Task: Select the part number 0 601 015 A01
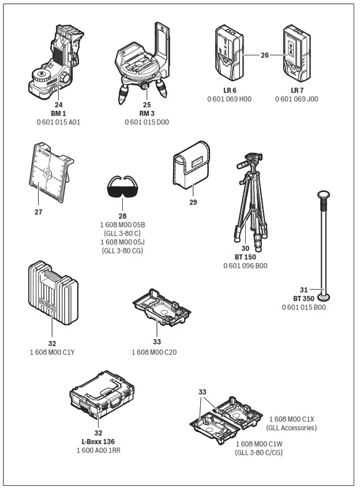(58, 122)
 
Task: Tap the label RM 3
(147, 114)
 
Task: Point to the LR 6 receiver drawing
(229, 54)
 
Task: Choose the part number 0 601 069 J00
(297, 99)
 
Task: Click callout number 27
(38, 212)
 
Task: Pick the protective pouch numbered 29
(192, 169)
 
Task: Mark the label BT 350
(303, 299)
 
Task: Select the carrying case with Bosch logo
(52, 295)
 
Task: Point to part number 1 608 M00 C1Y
(52, 352)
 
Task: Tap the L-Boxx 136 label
(98, 441)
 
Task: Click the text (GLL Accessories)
(291, 427)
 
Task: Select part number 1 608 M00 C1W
(258, 444)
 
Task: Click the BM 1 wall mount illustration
(55, 63)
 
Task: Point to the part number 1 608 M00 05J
(123, 242)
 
